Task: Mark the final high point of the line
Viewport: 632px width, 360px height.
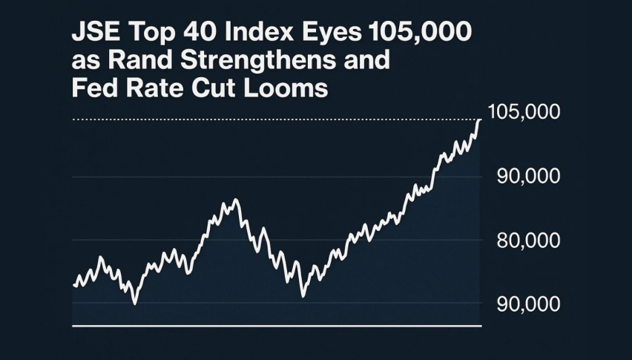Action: tap(480, 120)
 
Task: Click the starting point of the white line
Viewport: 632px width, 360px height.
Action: tap(74, 285)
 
